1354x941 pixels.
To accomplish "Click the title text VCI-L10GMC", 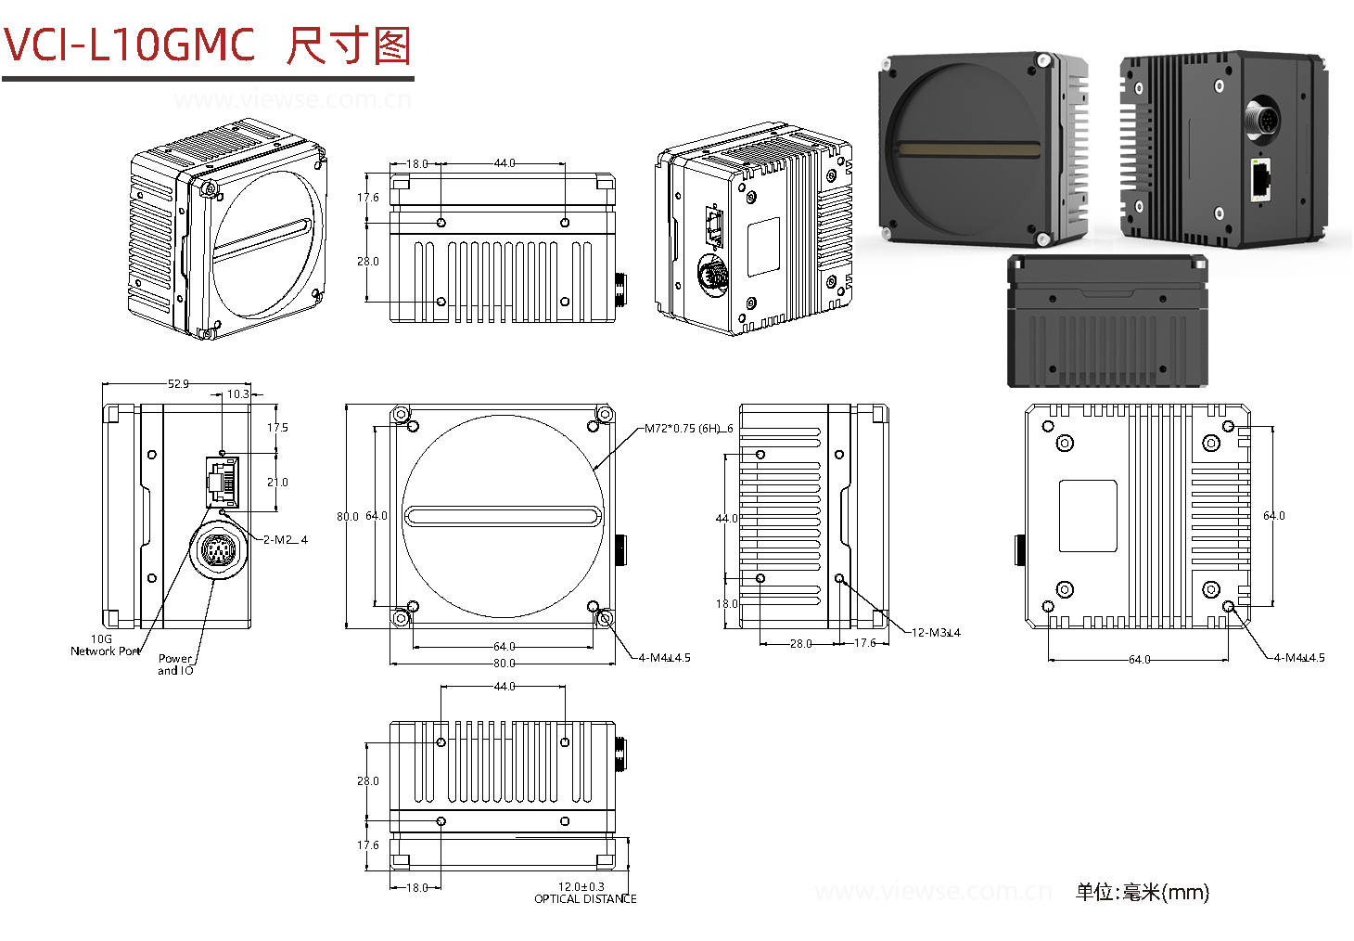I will pos(130,45).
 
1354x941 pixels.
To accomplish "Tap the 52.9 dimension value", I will pos(178,383).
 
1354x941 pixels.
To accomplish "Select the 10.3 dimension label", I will pos(238,394).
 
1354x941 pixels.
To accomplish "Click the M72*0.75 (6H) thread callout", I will pos(688,429).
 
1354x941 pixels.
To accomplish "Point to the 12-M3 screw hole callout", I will pos(936,633).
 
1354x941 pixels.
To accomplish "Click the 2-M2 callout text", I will pos(285,539).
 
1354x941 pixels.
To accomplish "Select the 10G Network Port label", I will pos(105,646).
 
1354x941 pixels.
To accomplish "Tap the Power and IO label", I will pos(175,664).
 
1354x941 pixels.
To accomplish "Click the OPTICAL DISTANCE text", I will pos(585,898).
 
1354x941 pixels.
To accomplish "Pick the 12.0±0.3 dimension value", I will pos(581,887).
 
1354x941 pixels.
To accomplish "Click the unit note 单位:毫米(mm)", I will pos(1142,893).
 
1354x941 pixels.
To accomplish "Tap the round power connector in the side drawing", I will pos(219,552).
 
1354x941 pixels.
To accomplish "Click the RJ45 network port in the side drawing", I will pos(222,481).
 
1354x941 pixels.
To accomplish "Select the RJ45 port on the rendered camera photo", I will pos(1260,180).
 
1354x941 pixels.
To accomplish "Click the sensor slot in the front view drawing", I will pos(503,516).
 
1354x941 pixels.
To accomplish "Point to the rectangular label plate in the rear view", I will pos(1088,516).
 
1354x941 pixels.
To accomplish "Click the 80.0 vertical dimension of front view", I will pos(348,516).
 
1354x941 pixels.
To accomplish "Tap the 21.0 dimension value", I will pos(277,483).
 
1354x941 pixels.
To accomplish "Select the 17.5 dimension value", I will pos(277,428).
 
